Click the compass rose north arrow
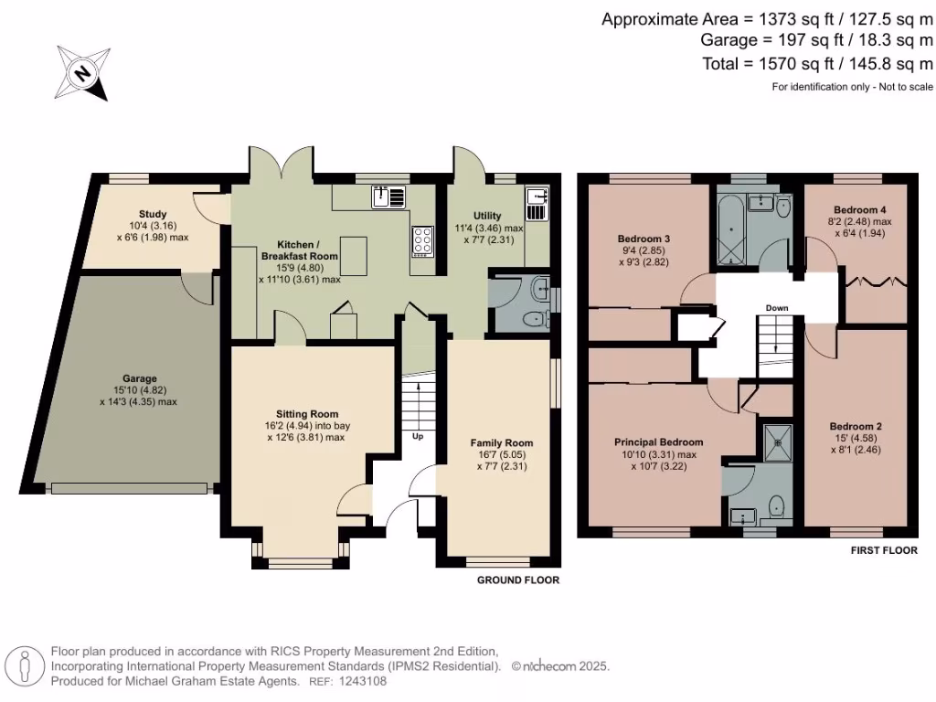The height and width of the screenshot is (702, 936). point(83,72)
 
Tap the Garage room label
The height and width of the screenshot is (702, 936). point(140,378)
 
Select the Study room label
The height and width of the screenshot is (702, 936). point(153,214)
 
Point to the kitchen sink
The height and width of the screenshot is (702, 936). point(387,196)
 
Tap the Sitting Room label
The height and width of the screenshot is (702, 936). point(307,413)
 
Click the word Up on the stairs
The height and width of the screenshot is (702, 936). point(418,436)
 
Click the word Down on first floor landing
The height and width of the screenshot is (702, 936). point(776,308)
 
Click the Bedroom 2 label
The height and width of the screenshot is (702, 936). point(855,426)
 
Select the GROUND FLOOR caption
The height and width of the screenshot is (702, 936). point(517,580)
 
